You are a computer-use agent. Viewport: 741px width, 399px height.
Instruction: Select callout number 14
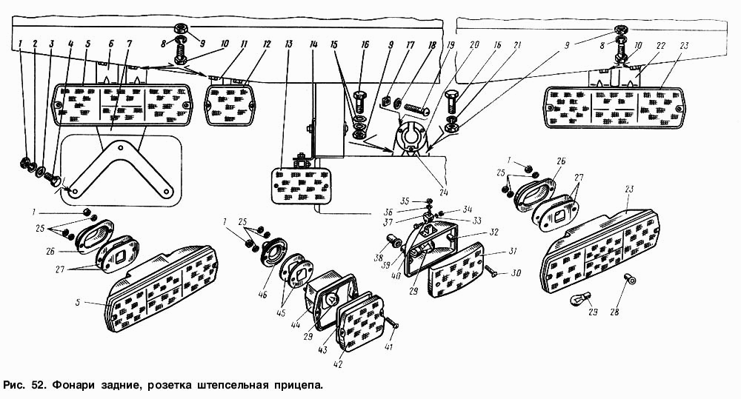[314, 45]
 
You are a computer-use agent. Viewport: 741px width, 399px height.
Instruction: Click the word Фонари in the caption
[75, 386]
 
